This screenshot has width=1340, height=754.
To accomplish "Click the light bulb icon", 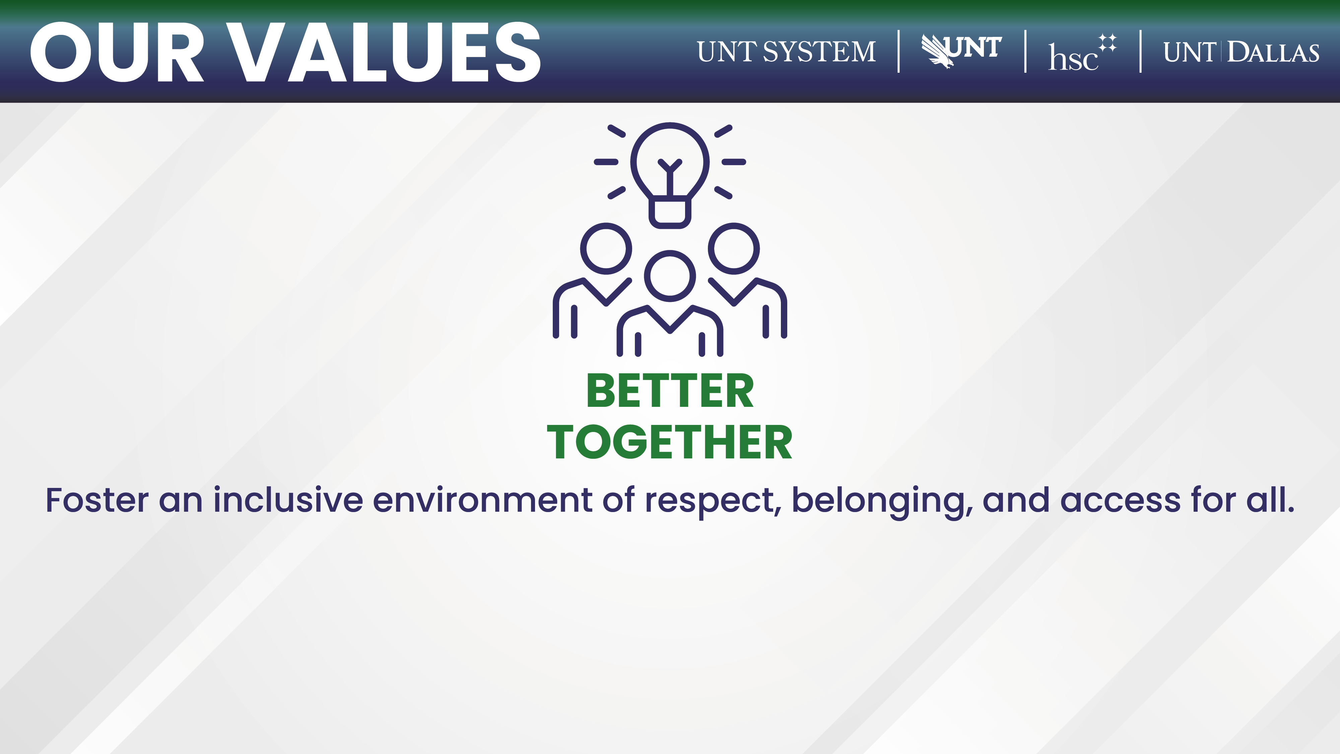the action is pyautogui.click(x=670, y=175).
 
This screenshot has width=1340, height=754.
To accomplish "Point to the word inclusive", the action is pyautogui.click(x=288, y=500).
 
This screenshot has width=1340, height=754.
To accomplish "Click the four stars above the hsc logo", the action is pyautogui.click(x=1108, y=43).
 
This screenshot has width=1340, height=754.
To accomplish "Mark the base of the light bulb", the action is pyautogui.click(x=670, y=212).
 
